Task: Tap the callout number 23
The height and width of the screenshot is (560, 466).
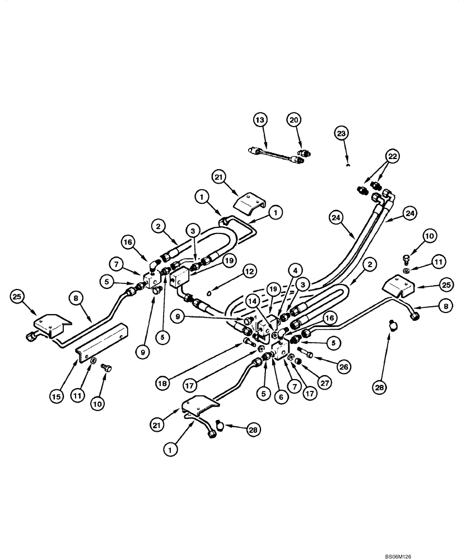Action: click(342, 133)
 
